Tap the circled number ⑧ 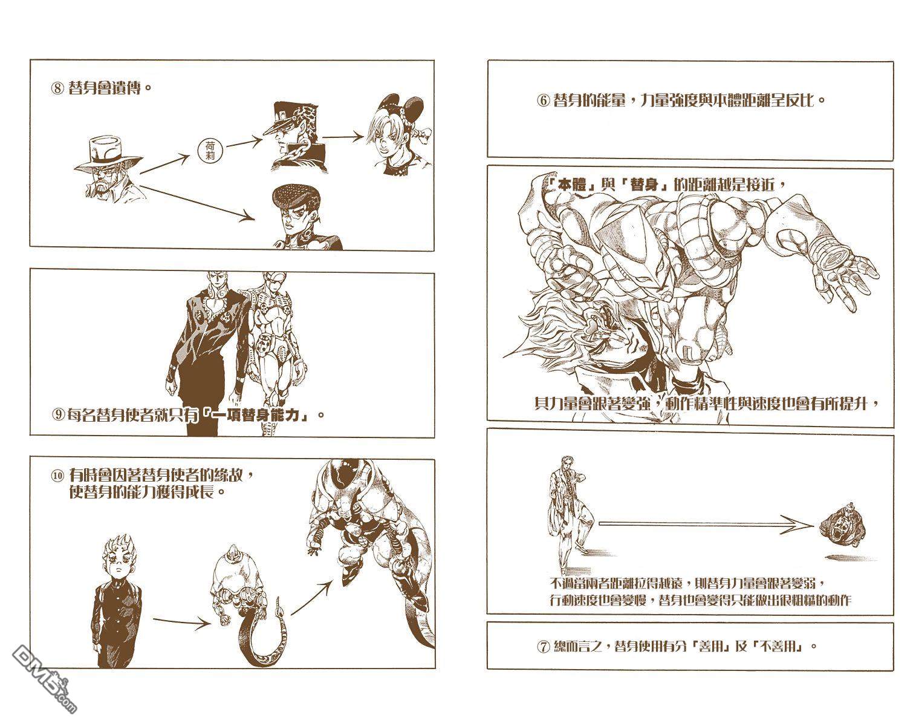(x=57, y=89)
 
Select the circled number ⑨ (x=57, y=414)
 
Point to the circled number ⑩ (x=57, y=476)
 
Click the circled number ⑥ (x=542, y=101)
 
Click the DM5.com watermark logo (x=44, y=680)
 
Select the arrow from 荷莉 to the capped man (x=244, y=142)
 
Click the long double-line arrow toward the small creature (x=707, y=524)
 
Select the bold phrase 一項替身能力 (x=258, y=415)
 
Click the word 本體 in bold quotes (x=572, y=185)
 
